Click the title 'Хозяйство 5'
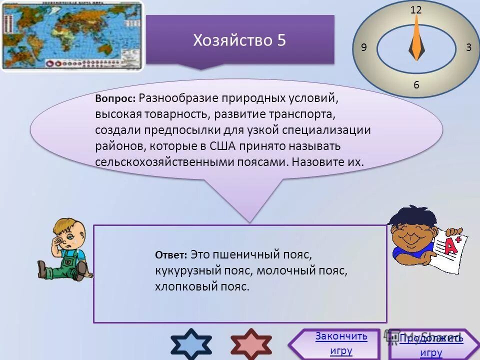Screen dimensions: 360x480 click(239, 40)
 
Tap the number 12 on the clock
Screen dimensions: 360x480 click(416, 9)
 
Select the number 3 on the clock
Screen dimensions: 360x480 click(468, 47)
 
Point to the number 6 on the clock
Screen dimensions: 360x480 click(416, 85)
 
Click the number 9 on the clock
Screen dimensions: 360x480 click(363, 47)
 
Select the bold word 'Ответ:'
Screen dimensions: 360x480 click(171, 255)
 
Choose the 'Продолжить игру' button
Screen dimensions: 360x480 click(431, 345)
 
